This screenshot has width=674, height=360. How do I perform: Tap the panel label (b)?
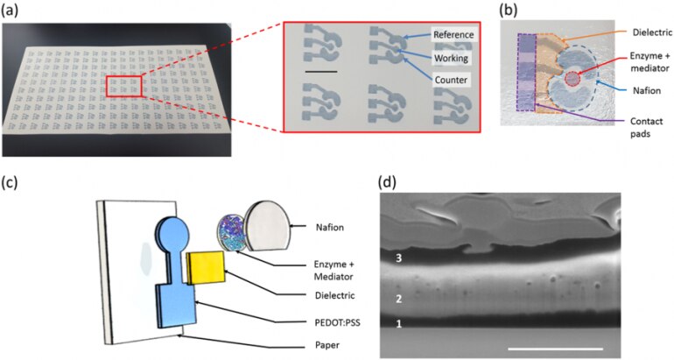click(510, 9)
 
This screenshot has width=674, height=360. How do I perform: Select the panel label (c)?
click(11, 183)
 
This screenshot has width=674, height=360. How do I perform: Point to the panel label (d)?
click(391, 183)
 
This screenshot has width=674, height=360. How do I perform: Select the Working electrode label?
click(450, 57)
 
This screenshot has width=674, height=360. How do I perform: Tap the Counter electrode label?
click(448, 80)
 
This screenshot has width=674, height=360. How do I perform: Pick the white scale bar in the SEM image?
click(555, 349)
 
